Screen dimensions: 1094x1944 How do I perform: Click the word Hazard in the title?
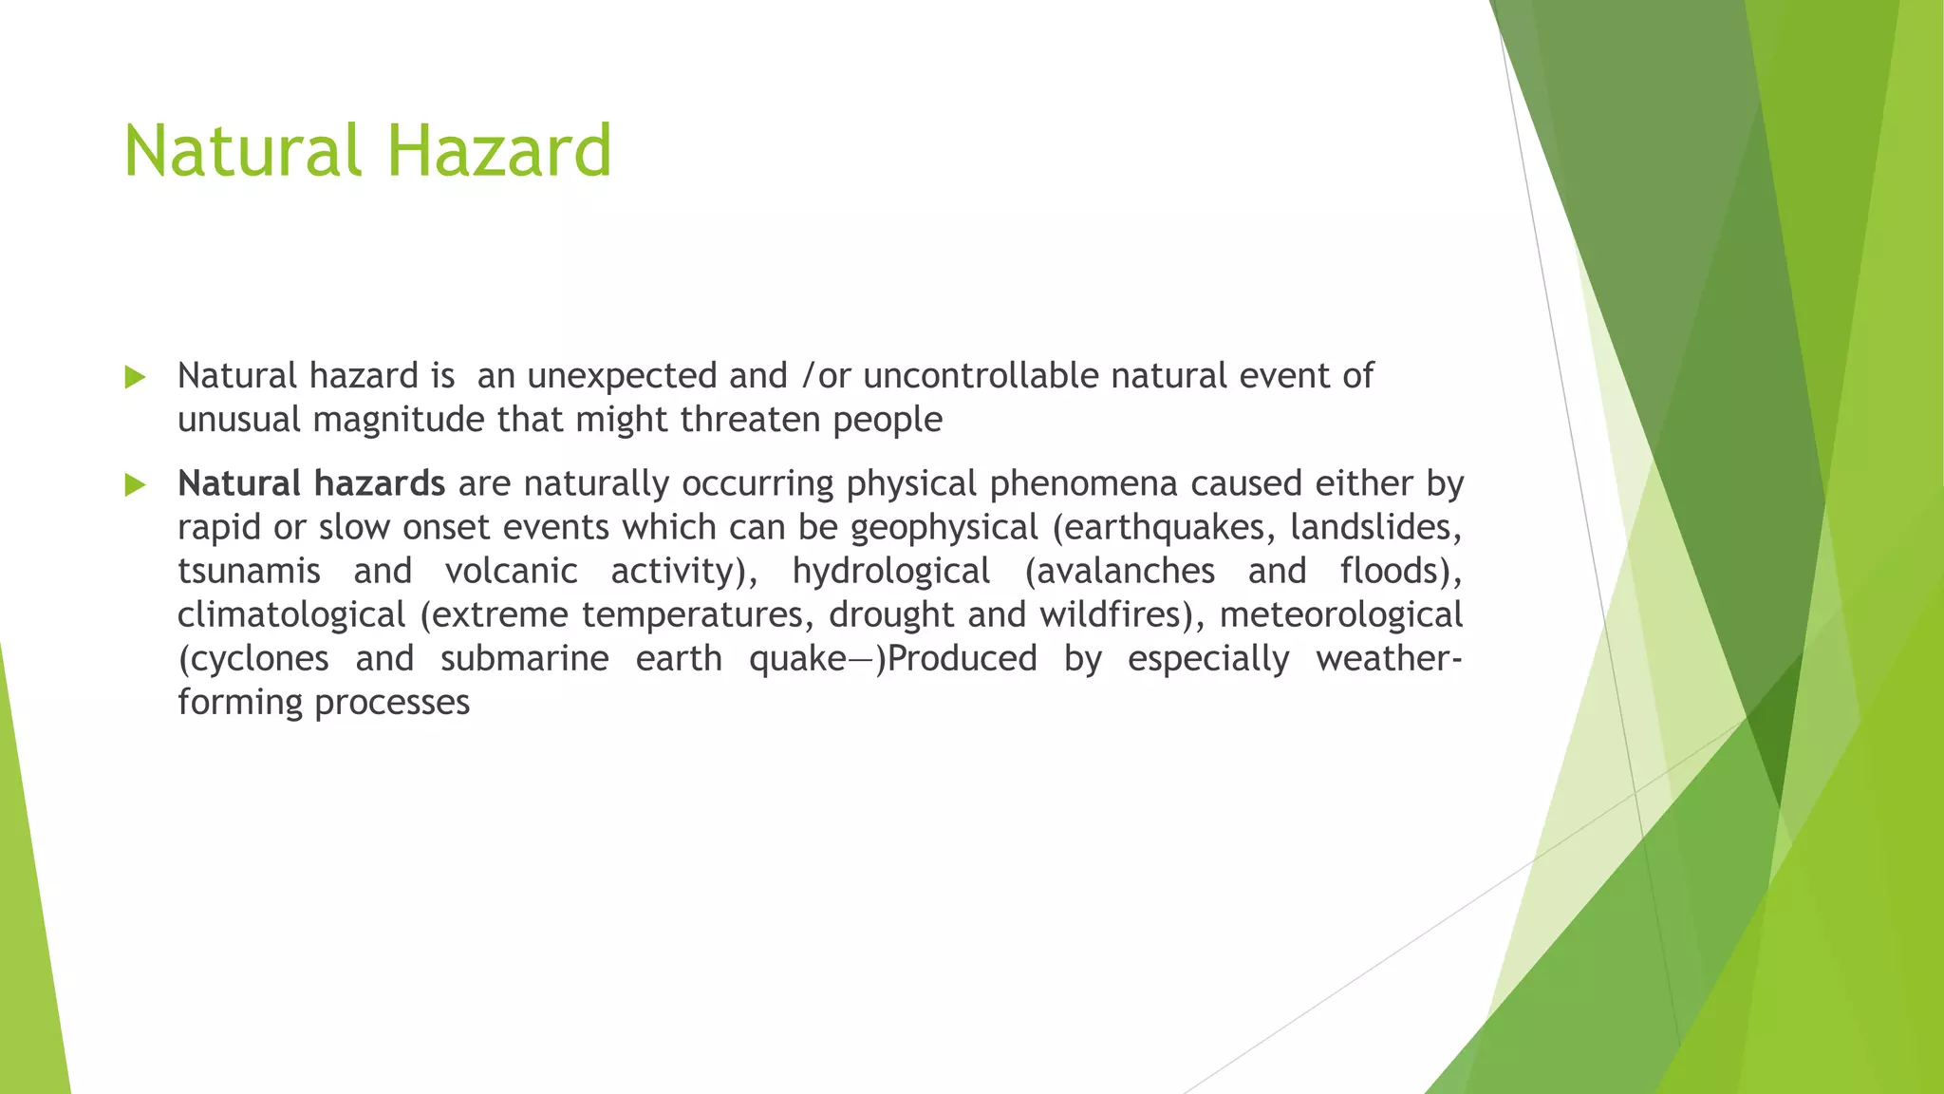pyautogui.click(x=499, y=151)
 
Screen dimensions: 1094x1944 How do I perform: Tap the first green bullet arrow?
pyautogui.click(x=135, y=378)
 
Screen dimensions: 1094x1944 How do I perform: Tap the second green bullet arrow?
pyautogui.click(x=135, y=486)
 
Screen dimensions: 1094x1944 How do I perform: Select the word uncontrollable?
pyautogui.click(x=980, y=376)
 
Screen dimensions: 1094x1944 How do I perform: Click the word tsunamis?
pyautogui.click(x=249, y=572)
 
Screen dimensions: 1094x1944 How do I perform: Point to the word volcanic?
pyautogui.click(x=511, y=572)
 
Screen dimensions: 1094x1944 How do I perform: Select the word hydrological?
pyautogui.click(x=891, y=572)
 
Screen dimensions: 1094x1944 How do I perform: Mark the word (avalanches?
pyautogui.click(x=1119, y=572)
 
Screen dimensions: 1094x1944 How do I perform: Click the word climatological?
pyautogui.click(x=291, y=615)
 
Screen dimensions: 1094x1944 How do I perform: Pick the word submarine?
pyautogui.click(x=524, y=659)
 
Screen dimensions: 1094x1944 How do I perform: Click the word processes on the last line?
pyautogui.click(x=392, y=704)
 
